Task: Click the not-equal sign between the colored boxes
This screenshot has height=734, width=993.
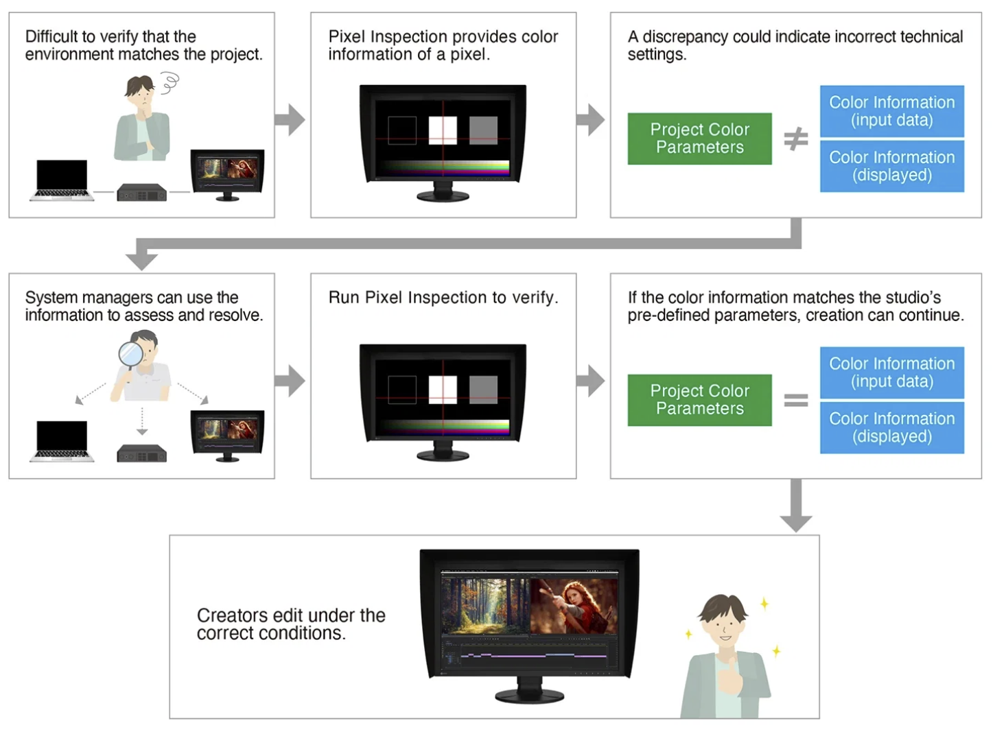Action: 795,139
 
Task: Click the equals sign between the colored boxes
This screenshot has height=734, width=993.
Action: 795,400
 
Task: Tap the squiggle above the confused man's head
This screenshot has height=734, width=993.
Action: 170,83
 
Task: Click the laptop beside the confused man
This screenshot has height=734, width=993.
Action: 62,180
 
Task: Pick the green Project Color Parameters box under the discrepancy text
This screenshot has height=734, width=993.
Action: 699,139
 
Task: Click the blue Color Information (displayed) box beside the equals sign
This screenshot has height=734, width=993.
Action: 892,428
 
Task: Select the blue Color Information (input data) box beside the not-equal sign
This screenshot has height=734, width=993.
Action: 892,111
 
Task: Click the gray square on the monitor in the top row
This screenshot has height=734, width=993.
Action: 483,130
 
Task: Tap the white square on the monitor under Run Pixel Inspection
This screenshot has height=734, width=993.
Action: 443,390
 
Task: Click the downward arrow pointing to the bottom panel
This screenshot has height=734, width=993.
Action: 795,506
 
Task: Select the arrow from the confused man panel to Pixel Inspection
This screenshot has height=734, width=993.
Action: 290,120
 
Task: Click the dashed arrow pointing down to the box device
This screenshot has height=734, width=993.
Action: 142,421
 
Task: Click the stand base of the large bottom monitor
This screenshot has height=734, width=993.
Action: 529,696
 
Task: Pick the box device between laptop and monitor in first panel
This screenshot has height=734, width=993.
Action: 141,193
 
